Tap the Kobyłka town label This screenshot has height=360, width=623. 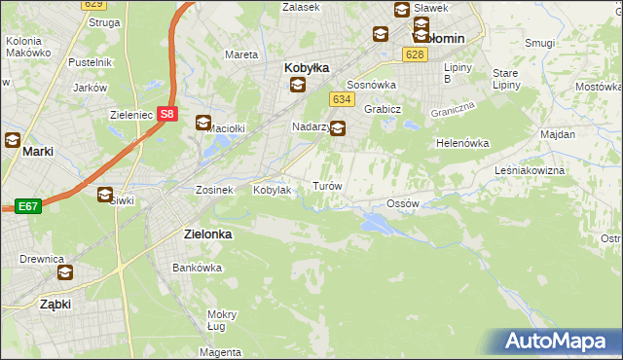coord(307,68)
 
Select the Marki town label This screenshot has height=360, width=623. coord(37,152)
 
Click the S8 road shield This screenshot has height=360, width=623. coord(168,114)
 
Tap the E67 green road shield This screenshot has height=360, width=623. coord(26,206)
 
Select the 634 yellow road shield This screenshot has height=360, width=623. coord(341,100)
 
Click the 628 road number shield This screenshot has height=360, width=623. coord(415,54)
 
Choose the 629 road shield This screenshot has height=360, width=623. coord(94,4)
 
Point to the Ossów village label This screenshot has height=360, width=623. coord(402,203)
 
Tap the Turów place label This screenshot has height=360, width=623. coord(325,185)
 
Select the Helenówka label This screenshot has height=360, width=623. coord(461,143)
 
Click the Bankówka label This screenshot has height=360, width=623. coord(192,267)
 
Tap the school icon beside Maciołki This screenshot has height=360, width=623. coord(203,123)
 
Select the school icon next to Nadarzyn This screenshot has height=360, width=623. coord(338,127)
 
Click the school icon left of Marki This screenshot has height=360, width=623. coord(13,139)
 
